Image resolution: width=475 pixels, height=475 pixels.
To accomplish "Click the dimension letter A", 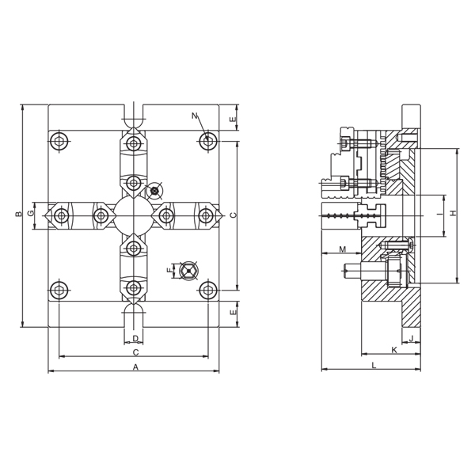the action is point(135,367).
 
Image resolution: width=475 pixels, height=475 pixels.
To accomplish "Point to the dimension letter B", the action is point(19,215).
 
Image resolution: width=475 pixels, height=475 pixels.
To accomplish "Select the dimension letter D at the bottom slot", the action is point(135,338).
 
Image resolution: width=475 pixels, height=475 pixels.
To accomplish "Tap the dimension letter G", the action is point(30,214).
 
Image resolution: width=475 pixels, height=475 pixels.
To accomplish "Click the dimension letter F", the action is point(169,271).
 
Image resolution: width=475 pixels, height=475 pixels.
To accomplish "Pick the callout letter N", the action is point(195,116).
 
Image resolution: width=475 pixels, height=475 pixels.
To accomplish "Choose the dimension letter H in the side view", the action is point(453,213).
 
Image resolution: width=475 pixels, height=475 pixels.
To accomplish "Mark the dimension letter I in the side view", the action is point(439,215).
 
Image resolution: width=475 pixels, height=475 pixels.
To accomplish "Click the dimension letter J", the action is point(411,338).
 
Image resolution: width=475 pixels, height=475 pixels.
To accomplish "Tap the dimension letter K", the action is point(394,350).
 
